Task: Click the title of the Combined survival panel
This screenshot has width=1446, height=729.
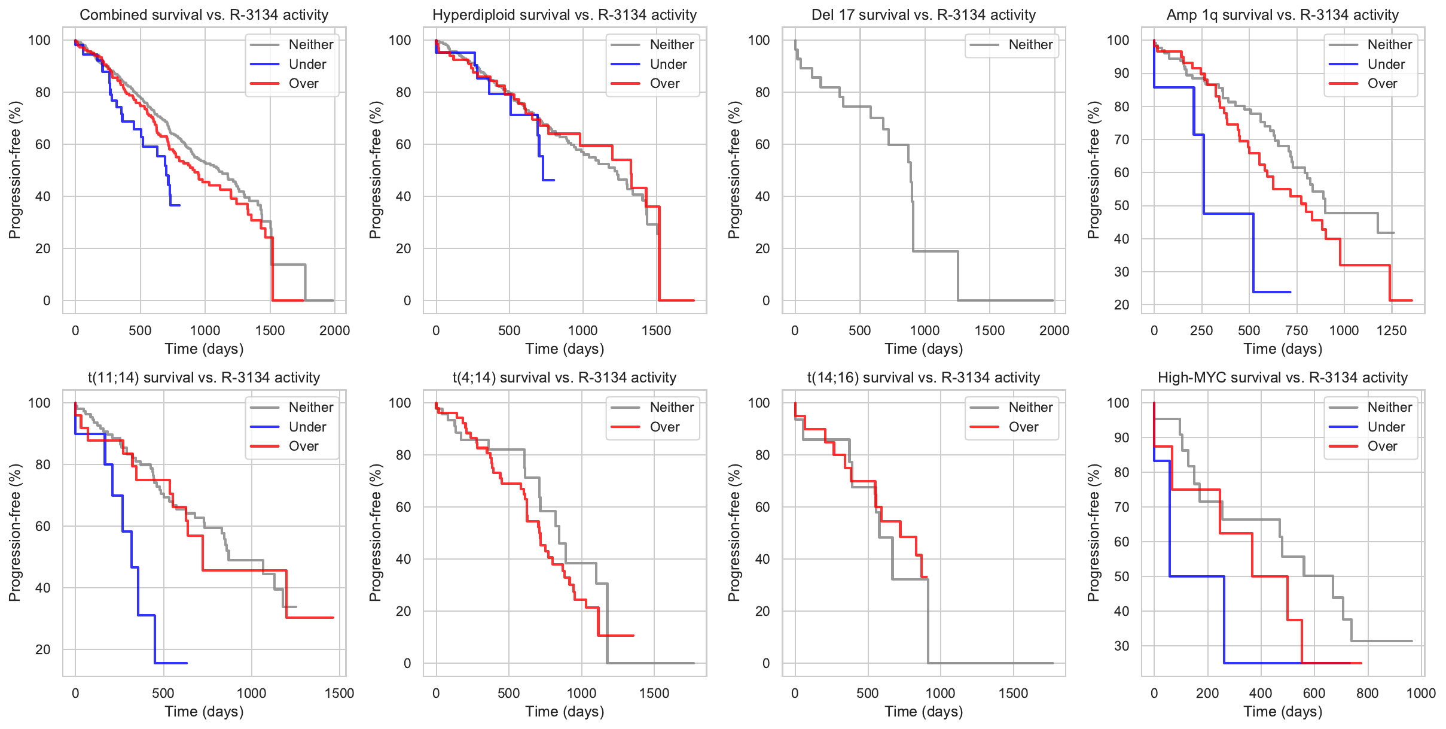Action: pos(204,15)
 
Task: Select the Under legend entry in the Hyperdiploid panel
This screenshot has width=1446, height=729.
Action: pos(668,64)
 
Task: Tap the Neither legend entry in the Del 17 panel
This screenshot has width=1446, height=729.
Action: pos(1030,45)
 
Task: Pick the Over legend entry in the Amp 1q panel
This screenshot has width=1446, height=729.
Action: pos(1382,84)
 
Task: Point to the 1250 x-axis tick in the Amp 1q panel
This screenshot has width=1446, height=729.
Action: pos(1392,330)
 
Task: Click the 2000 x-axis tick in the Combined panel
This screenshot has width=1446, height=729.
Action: pos(334,330)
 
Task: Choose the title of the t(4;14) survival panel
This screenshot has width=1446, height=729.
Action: pos(565,378)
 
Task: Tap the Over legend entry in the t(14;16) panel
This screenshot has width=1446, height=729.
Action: pos(1023,427)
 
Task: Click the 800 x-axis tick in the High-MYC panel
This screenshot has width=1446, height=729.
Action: pos(1367,693)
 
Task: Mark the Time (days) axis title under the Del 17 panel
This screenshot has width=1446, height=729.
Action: pos(923,349)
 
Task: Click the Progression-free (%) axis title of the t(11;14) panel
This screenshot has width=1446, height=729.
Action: pos(15,533)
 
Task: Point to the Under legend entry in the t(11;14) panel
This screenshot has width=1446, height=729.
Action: pos(307,427)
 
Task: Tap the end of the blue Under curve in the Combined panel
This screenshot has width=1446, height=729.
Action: pos(179,205)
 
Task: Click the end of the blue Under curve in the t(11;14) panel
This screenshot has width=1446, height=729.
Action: pos(187,663)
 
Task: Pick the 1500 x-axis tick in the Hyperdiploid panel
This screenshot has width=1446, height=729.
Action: pos(656,330)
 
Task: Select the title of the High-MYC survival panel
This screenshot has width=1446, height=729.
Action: pos(1282,378)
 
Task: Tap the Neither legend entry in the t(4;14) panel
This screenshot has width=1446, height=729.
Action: pos(672,408)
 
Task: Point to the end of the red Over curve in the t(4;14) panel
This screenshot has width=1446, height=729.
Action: pos(633,636)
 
